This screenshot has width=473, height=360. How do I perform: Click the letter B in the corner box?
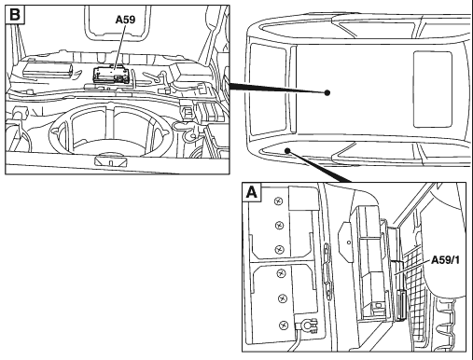15,15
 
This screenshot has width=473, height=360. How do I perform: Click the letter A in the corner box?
252,192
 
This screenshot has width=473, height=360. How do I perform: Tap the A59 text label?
125,20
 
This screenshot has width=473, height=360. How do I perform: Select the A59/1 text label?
445,260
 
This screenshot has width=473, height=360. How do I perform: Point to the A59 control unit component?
111,76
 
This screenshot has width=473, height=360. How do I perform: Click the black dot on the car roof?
327,92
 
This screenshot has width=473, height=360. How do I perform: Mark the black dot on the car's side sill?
287,151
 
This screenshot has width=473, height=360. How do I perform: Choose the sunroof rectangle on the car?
432,90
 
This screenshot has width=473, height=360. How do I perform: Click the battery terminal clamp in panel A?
306,325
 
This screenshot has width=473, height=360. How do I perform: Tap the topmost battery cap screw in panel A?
278,201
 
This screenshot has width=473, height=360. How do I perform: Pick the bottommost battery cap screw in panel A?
284,325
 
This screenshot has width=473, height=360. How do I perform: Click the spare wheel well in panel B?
111,131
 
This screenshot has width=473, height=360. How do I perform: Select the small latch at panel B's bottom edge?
110,161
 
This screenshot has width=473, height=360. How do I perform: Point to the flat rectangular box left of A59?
48,70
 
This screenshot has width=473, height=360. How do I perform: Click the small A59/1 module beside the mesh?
401,305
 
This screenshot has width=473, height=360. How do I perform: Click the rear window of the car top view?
268,90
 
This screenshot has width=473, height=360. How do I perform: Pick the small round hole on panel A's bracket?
349,242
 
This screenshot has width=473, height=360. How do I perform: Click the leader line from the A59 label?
120,47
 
